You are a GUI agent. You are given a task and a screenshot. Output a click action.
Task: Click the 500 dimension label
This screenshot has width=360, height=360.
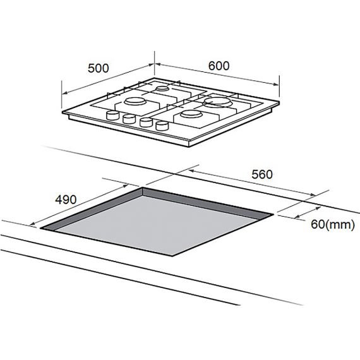[x=99, y=68]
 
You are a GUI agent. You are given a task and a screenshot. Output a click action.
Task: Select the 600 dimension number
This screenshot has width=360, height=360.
[x=219, y=66]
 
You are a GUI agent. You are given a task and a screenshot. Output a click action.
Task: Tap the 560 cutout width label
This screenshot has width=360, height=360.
[x=262, y=174]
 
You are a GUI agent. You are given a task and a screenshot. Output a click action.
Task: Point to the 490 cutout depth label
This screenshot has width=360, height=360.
[x=66, y=200]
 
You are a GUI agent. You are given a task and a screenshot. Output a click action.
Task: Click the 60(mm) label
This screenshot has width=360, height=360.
[x=333, y=224]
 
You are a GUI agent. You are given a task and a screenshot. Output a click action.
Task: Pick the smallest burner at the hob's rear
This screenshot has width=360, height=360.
[x=162, y=88]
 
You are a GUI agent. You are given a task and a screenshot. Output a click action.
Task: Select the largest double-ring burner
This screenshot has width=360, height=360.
[x=218, y=102]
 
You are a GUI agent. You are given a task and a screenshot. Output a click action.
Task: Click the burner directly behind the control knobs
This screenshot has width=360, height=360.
[x=135, y=101]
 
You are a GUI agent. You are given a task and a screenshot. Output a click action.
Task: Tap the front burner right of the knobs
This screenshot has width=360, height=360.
[x=191, y=114]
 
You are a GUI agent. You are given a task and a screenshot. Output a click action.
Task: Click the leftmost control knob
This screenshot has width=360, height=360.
[x=112, y=115]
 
